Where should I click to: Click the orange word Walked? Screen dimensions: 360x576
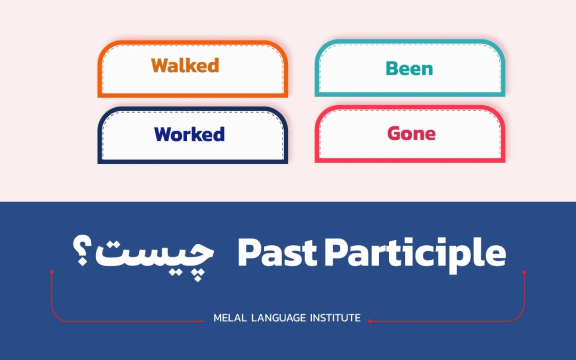click(185, 66)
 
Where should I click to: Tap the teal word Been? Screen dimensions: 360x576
click(409, 69)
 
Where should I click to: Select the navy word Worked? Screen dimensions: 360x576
click(189, 134)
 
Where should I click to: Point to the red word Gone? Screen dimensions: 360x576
click(411, 133)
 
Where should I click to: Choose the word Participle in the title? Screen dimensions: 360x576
click(415, 254)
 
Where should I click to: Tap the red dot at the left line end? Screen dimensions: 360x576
click(52, 272)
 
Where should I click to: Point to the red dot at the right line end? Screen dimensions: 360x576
click(524, 272)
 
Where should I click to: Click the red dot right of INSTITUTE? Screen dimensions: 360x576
click(370, 321)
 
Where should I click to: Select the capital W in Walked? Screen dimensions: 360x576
click(160, 66)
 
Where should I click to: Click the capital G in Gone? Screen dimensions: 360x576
click(395, 133)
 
